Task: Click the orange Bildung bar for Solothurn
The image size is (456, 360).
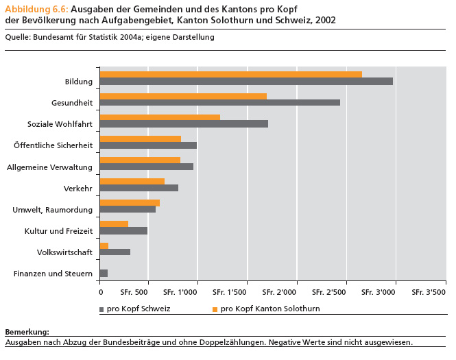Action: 230,74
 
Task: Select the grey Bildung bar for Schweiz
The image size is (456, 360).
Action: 246,82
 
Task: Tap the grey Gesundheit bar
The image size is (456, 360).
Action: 219,103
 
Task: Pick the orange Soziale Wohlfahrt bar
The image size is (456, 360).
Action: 160,117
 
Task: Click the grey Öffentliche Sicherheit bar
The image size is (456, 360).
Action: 148,145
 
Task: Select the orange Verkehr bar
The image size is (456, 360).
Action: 132,181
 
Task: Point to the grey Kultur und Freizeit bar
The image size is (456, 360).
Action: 123,230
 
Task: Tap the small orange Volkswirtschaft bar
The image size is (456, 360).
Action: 104,245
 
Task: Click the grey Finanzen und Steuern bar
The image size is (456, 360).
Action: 104,274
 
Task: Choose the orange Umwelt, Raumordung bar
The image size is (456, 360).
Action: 130,202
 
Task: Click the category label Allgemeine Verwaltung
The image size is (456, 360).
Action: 49,167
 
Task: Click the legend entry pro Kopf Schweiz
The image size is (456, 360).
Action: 138,309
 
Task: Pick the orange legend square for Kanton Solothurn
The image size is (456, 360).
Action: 215,309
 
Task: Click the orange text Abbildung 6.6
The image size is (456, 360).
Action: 36,8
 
